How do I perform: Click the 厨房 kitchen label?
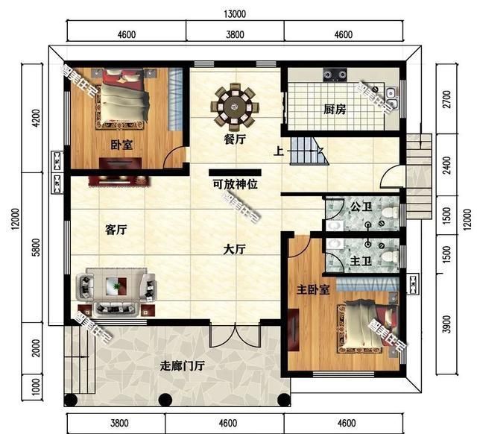tap(335, 110)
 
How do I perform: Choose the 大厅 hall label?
tap(234, 251)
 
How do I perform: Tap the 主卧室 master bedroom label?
tap(314, 289)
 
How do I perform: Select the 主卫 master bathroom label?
tap(361, 260)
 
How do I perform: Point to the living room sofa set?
tap(116, 290)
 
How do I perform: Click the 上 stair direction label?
tap(277, 152)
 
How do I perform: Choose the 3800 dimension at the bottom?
tap(119, 423)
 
